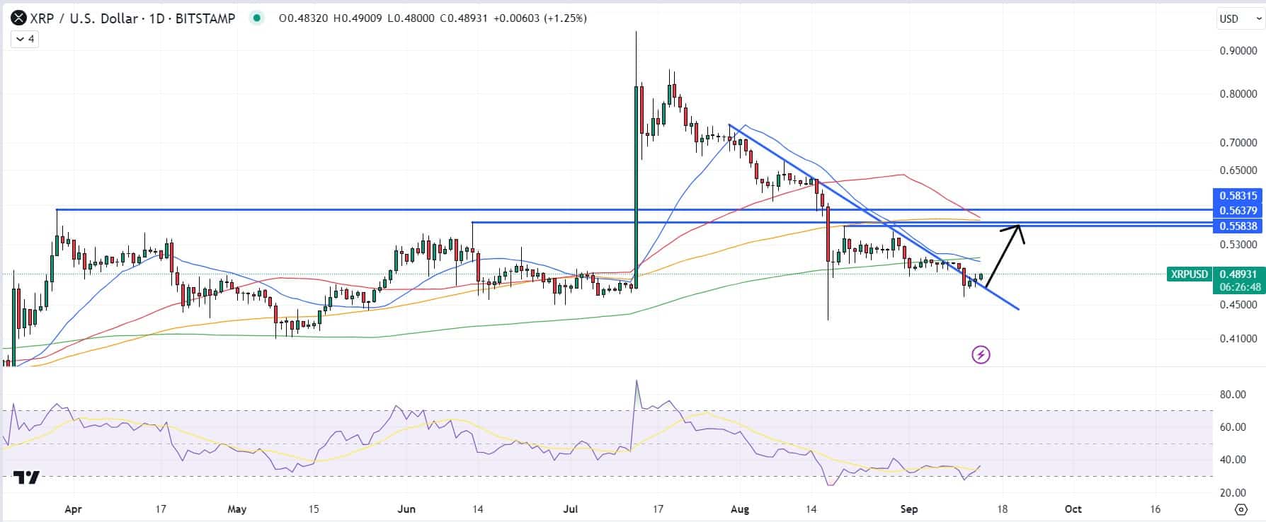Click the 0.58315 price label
[x=1238, y=196]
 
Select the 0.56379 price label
[x=1238, y=211]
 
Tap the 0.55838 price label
[x=1238, y=226]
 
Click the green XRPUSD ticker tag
[x=1189, y=274]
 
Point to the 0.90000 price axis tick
[x=1238, y=51]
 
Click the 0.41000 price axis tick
[x=1238, y=339]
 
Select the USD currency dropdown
[x=1236, y=18]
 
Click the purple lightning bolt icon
[x=981, y=354]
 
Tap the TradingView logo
[x=27, y=477]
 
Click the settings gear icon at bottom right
[x=1241, y=509]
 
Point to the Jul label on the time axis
[x=570, y=509]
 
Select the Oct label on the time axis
[x=1073, y=509]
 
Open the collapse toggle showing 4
[x=25, y=39]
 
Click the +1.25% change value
[x=565, y=18]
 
